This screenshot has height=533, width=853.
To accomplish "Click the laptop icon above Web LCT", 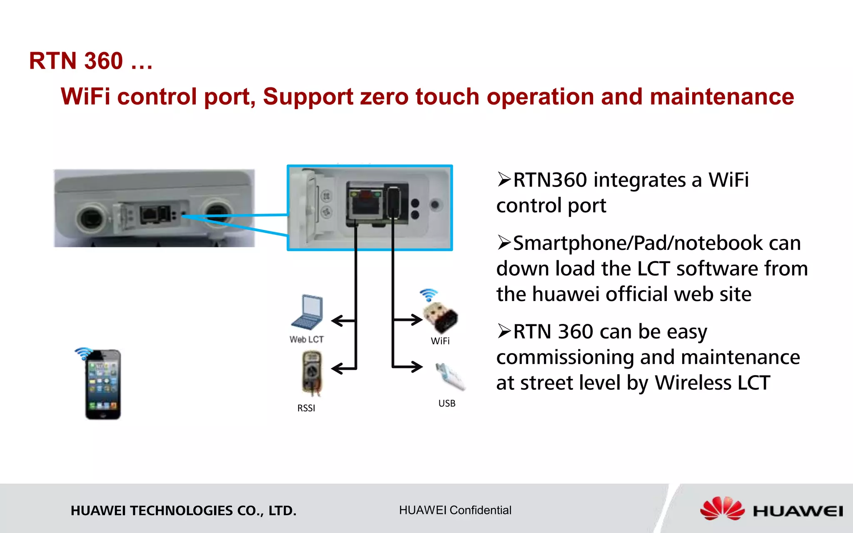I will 307,312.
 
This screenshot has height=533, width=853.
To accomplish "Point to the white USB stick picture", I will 451,377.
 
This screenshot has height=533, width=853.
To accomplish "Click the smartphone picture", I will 103,384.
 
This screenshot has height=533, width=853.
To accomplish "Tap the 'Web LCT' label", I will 307,339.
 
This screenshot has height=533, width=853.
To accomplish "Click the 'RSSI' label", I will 306,408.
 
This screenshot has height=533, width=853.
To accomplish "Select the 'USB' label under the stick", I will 447,403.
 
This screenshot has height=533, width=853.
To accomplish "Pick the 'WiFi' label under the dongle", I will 440,341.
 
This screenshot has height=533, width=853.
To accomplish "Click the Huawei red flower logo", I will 722,508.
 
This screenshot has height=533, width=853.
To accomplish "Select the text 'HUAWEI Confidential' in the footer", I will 455,510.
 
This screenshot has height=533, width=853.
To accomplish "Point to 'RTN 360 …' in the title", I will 91,61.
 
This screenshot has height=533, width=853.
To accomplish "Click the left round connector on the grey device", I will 92,217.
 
